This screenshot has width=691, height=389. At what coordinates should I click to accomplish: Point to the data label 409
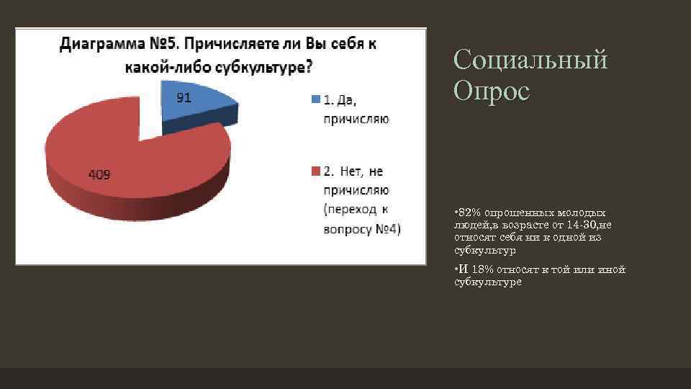(99, 174)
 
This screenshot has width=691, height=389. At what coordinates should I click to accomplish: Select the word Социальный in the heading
(530, 59)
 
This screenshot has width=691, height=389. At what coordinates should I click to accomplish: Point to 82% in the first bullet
(470, 213)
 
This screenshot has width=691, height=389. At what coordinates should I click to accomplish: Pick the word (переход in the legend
(350, 210)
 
